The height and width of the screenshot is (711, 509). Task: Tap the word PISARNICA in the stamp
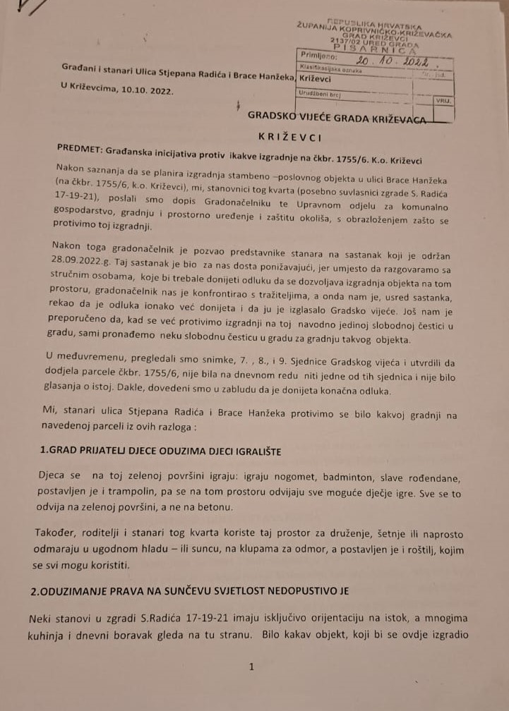pos(374,49)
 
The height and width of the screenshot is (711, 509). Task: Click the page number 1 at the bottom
pos(252,666)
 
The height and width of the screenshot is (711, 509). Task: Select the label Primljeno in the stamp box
pos(319,54)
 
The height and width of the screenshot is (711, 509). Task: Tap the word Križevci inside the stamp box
pos(316,79)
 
